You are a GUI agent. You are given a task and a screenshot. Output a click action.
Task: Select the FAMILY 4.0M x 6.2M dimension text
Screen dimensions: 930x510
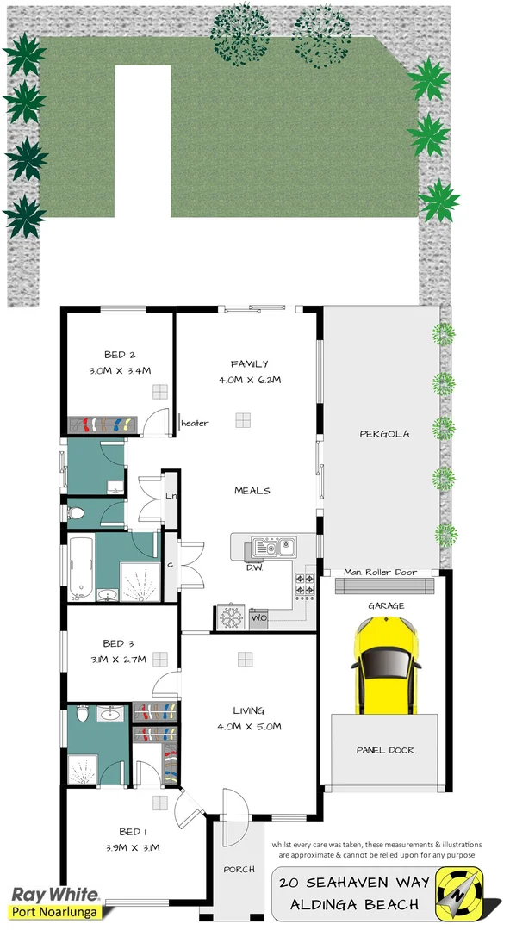point(249,379)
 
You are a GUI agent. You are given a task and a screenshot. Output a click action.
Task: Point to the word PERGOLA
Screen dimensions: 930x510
point(383,434)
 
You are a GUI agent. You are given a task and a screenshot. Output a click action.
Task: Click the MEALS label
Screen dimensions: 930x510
point(252,491)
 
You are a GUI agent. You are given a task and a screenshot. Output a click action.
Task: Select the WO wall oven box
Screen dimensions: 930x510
point(259,617)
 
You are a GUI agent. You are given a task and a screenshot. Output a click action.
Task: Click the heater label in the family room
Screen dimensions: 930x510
point(195,423)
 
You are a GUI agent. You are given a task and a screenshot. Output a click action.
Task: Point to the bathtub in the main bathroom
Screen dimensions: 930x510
point(80,569)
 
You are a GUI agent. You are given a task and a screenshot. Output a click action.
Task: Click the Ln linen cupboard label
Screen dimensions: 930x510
point(171,496)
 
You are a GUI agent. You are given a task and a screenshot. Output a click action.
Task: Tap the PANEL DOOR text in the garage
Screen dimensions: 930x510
point(385,750)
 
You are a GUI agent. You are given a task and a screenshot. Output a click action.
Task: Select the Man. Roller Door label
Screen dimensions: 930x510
point(380,572)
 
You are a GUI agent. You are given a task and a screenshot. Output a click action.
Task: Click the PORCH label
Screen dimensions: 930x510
point(239,870)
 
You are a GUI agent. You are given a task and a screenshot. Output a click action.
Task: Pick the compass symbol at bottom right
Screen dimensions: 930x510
point(459,891)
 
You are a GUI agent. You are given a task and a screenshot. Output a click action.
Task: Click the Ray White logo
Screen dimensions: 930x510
point(53,895)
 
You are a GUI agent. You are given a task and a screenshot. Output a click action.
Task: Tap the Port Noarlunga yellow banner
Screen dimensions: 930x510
point(55,911)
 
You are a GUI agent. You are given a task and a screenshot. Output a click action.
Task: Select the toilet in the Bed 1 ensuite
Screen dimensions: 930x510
point(82,714)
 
